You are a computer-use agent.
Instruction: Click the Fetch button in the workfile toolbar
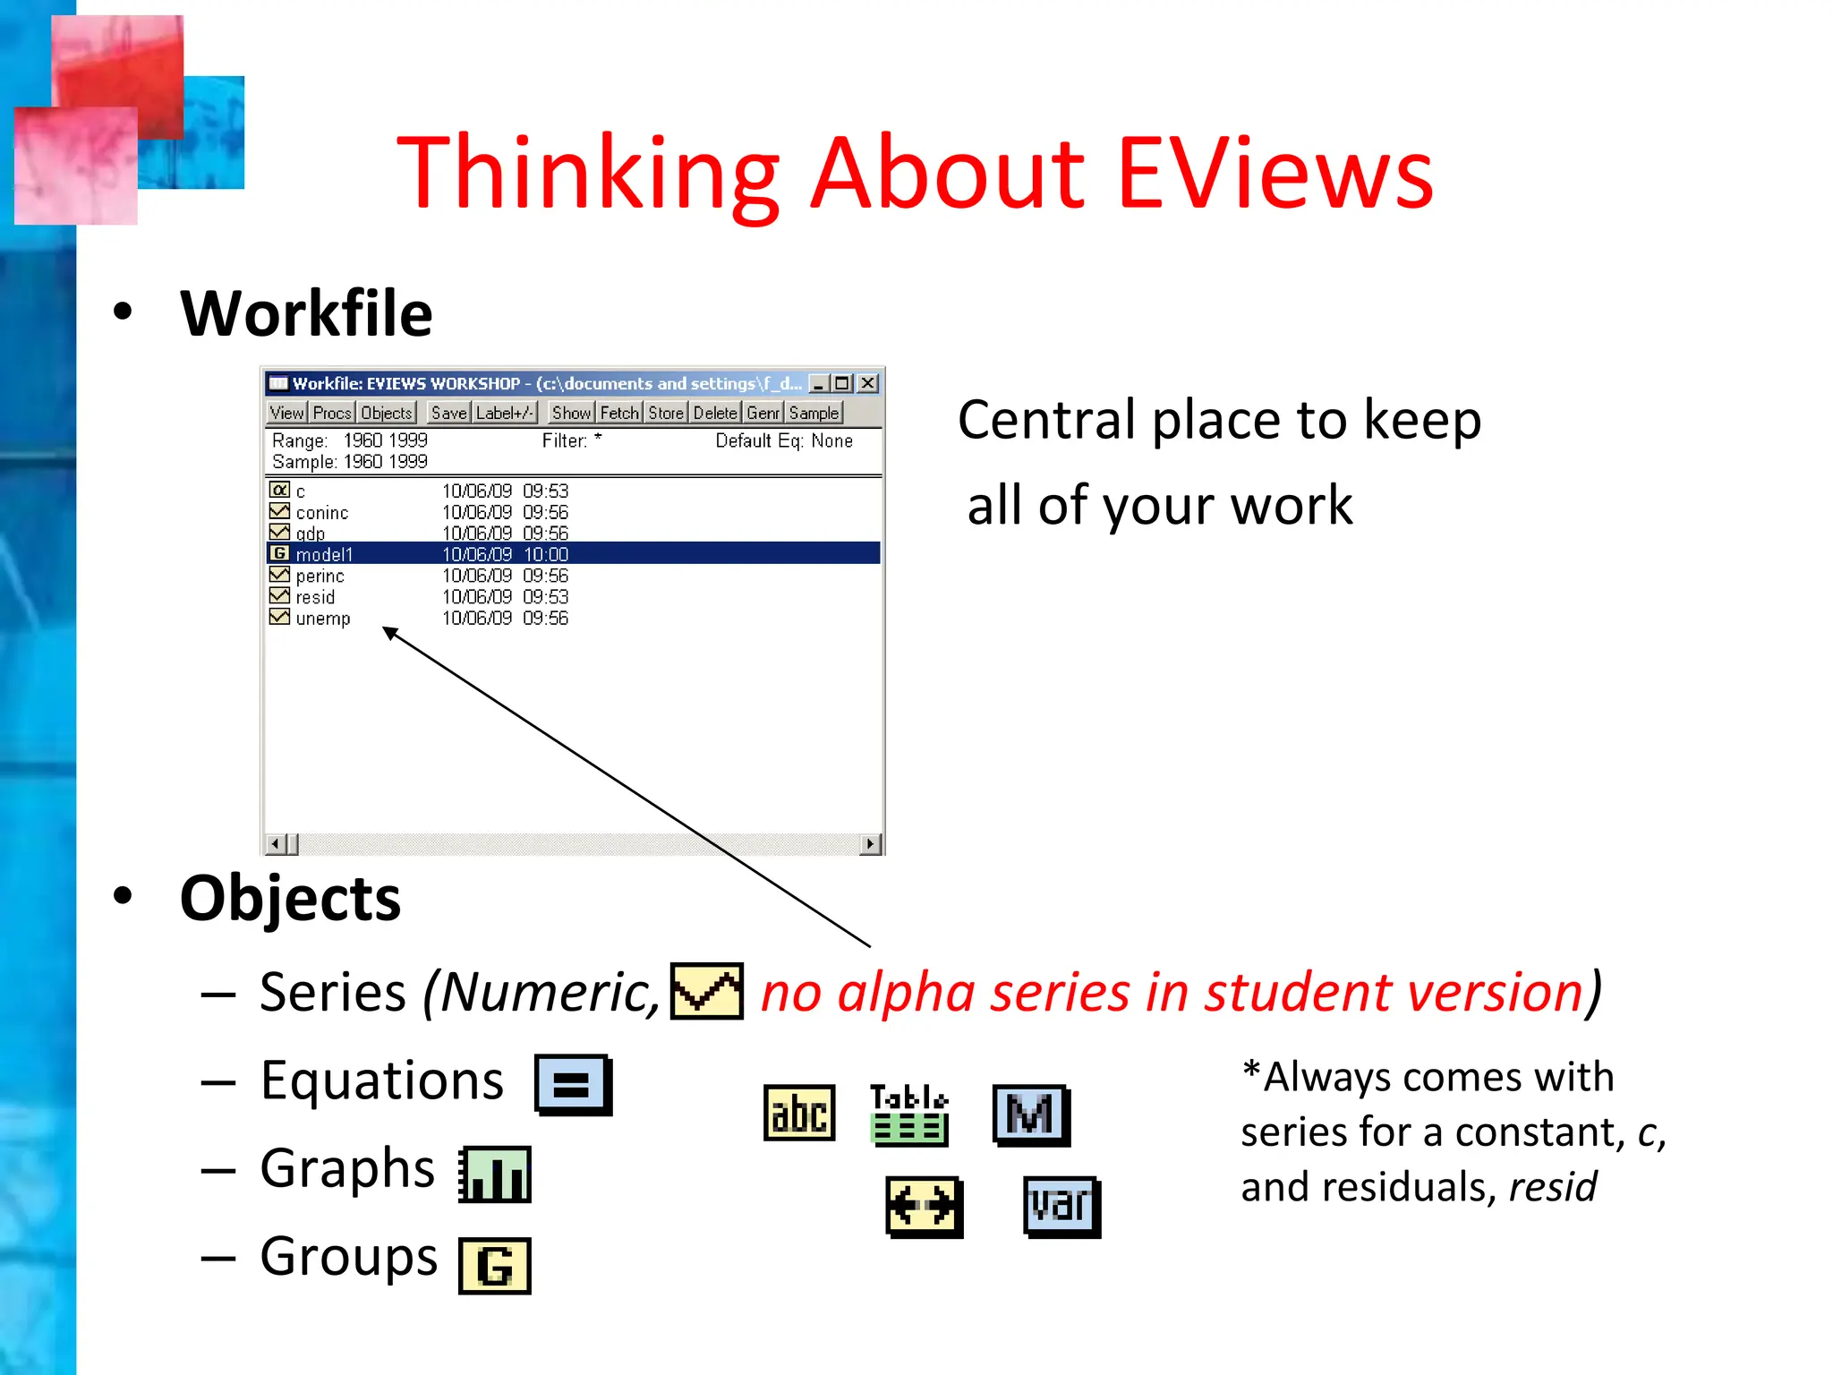coord(619,413)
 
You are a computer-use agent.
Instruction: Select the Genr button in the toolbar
coord(763,413)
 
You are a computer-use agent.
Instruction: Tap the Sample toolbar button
coord(814,413)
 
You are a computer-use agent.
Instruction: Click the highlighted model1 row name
coord(324,554)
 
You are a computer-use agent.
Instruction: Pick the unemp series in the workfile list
coord(322,619)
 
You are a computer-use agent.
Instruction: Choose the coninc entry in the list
coord(321,513)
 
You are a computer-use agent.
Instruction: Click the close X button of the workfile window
coord(867,383)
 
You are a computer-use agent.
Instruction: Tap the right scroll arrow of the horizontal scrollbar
coord(870,843)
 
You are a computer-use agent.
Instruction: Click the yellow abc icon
coord(799,1114)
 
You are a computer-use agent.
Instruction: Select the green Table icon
coord(908,1115)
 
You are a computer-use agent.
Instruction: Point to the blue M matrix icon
coord(1031,1115)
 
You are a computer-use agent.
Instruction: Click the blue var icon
coord(1061,1206)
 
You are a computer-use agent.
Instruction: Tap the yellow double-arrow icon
coord(924,1206)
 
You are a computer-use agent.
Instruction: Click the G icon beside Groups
coord(494,1265)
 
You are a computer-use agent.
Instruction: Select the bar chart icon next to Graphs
coord(495,1174)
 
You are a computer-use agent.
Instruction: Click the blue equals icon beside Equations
coord(573,1084)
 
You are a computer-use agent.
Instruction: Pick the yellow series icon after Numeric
coord(707,991)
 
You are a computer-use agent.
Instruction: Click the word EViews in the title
coord(1275,172)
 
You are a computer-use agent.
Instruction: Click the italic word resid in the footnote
coord(1552,1187)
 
